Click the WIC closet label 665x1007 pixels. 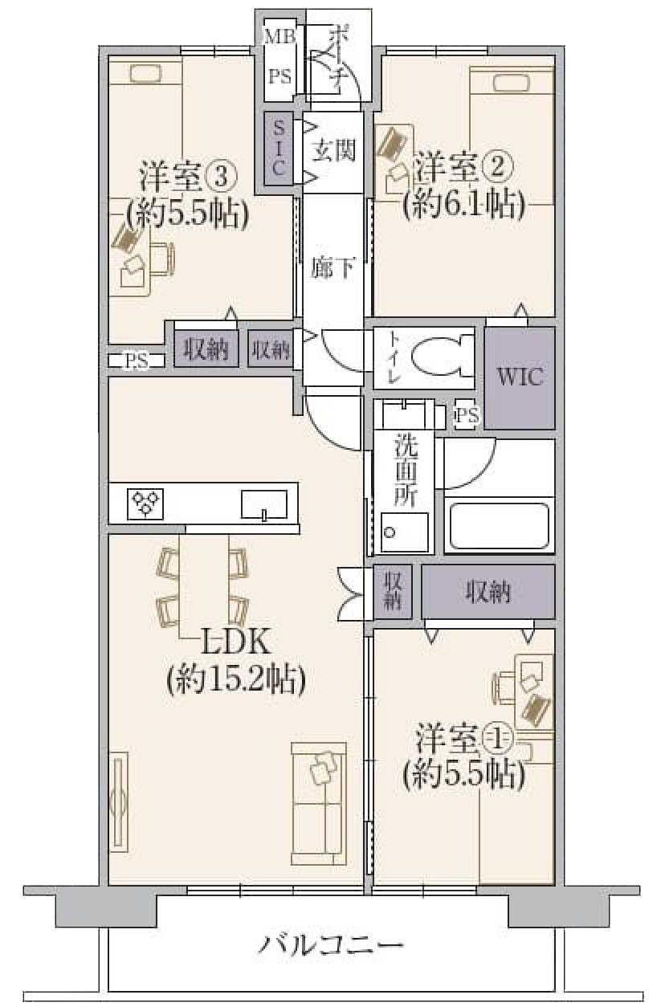click(520, 377)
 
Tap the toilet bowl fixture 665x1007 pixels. click(442, 357)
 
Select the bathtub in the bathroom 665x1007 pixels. click(499, 526)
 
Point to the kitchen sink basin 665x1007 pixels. click(264, 504)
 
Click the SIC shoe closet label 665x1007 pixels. click(279, 148)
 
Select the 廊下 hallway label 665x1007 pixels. click(333, 267)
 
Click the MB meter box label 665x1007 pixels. click(279, 36)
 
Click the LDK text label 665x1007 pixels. click(235, 642)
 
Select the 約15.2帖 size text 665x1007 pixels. click(236, 679)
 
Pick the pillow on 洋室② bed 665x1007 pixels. click(512, 83)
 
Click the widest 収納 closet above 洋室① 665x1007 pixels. click(488, 592)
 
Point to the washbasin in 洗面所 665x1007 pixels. click(404, 532)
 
